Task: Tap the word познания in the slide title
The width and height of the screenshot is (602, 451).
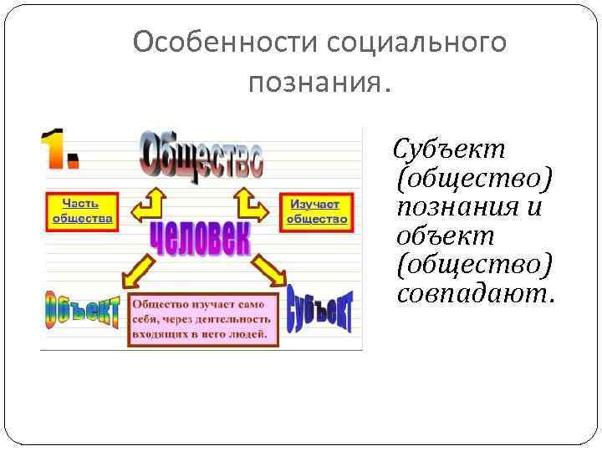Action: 314,82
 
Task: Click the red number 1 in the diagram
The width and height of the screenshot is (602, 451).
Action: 61,150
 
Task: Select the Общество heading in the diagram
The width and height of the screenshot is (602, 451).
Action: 202,156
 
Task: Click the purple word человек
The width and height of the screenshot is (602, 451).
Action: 200,237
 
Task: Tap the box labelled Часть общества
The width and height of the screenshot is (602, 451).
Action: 82,211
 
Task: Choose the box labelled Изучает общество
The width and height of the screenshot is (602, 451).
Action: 317,211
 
